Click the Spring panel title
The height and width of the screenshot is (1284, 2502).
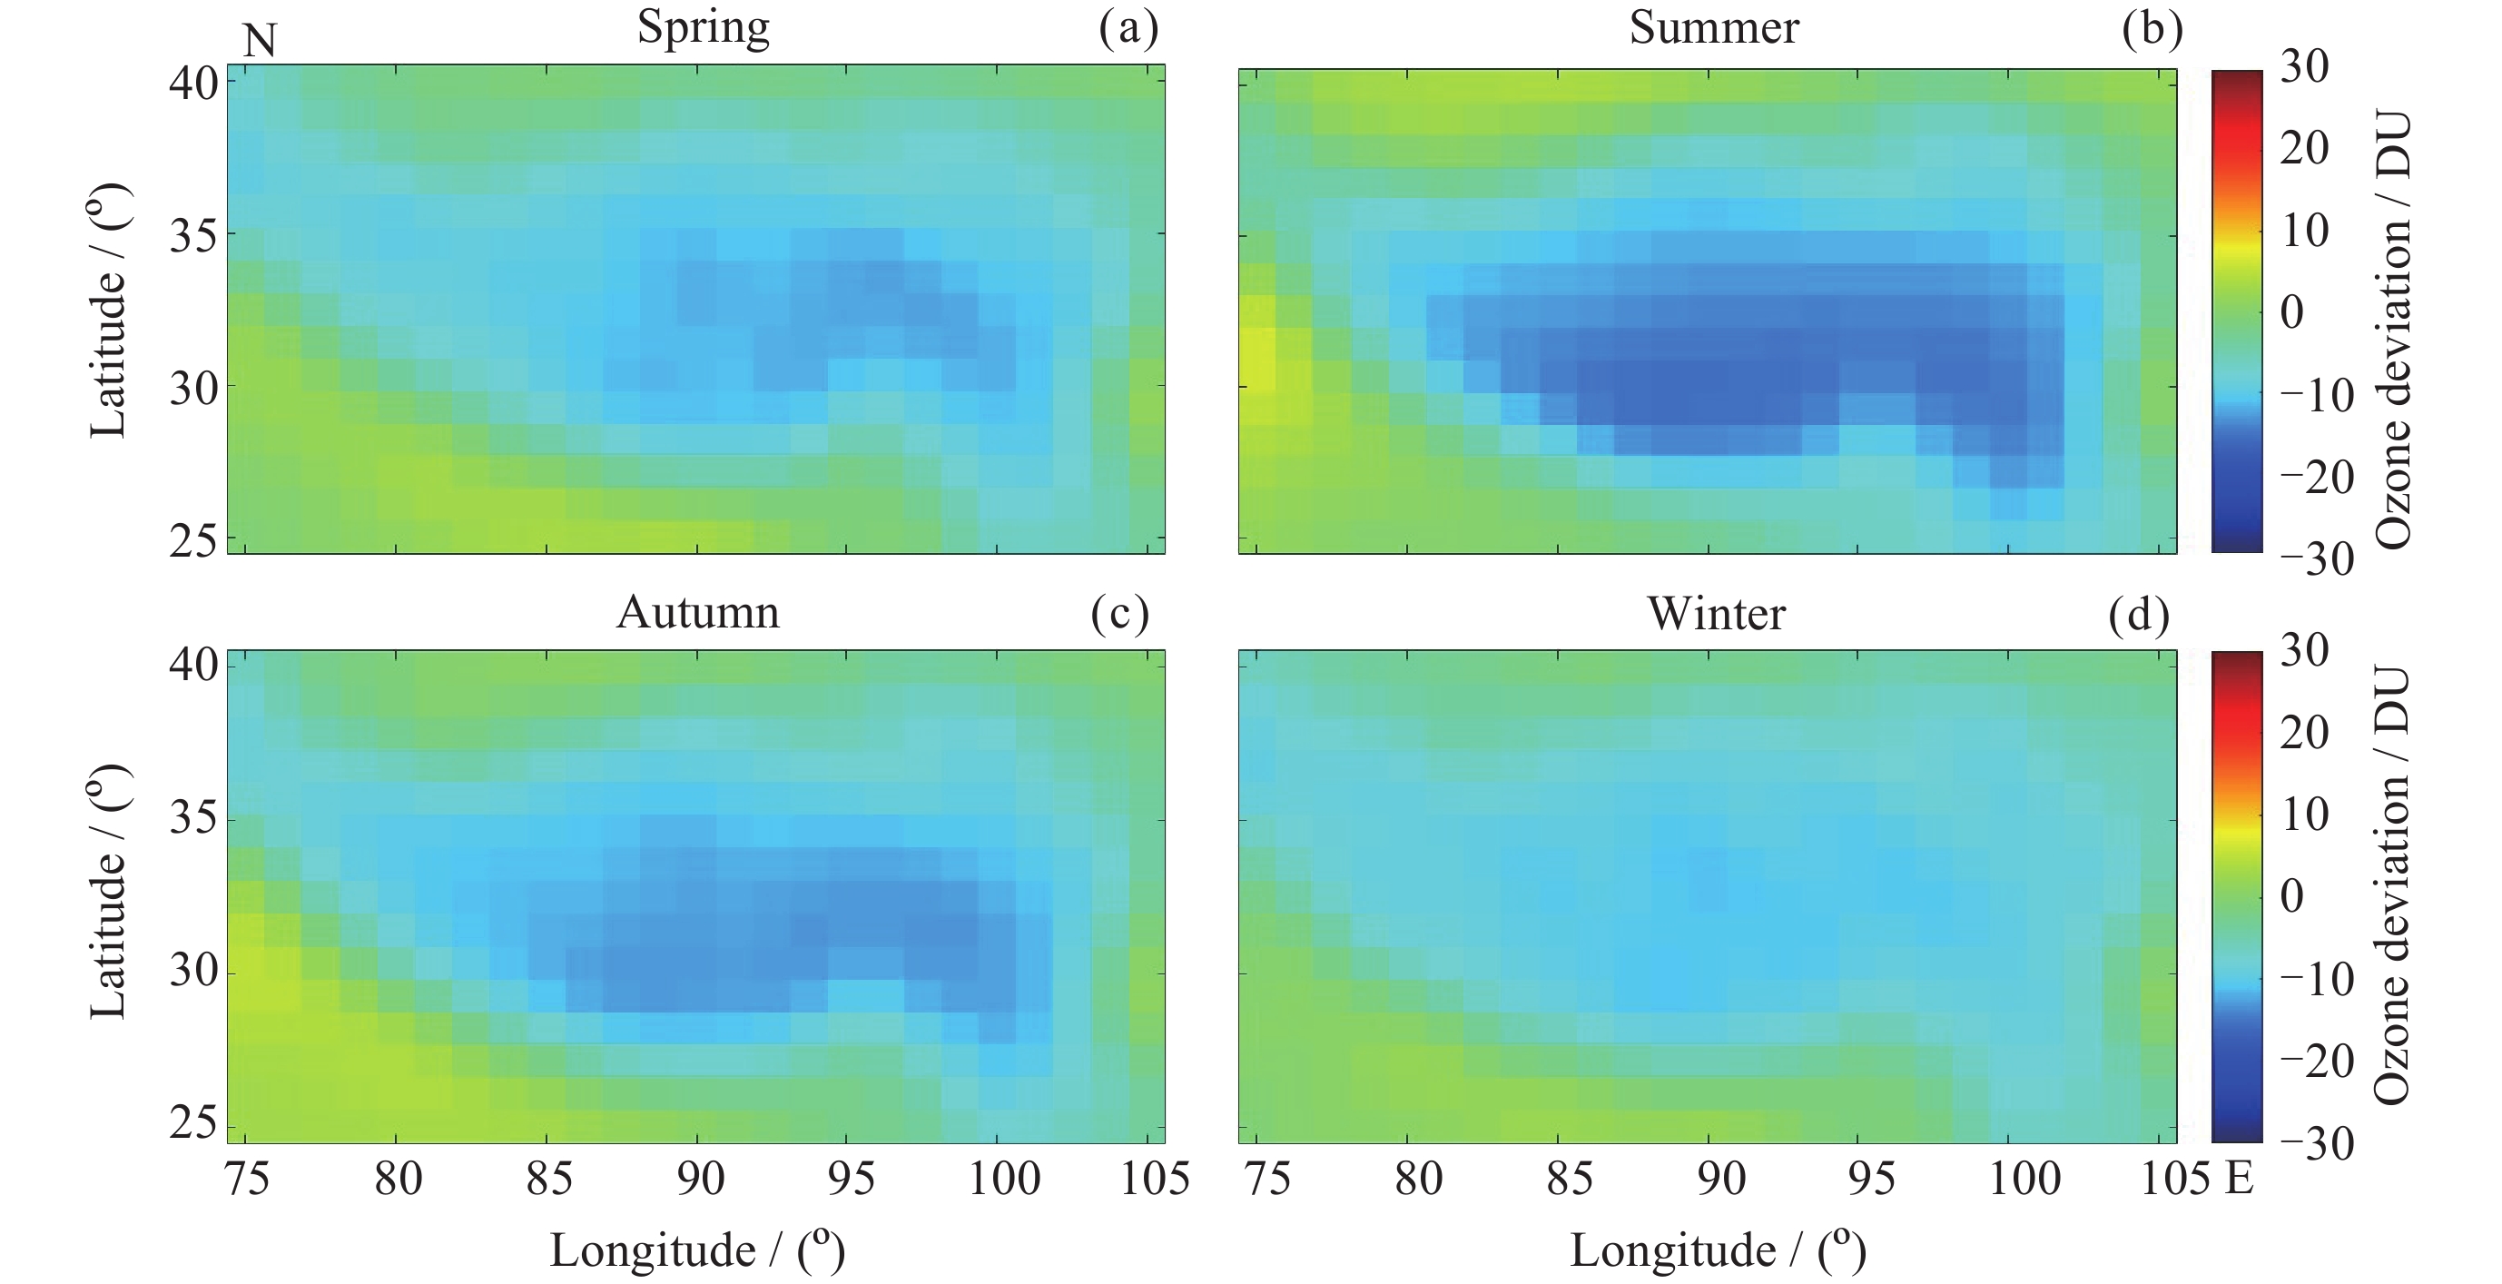(x=704, y=27)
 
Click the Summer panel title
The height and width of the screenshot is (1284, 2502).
(x=1713, y=27)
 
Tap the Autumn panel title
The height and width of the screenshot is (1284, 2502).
(x=697, y=613)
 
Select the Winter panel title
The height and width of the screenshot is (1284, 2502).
(x=1716, y=614)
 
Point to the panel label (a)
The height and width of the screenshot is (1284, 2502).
(x=1128, y=28)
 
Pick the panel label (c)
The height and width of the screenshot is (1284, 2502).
(x=1120, y=614)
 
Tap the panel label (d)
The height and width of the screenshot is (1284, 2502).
(x=2139, y=615)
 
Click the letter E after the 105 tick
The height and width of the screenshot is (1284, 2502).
(x=2238, y=1179)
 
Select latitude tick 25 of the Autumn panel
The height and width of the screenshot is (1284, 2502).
(x=193, y=1125)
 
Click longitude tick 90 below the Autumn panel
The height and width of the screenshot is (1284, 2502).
(x=699, y=1179)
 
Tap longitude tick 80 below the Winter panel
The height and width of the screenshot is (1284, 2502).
(x=1418, y=1179)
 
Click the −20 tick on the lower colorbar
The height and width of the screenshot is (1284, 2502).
(x=2316, y=1062)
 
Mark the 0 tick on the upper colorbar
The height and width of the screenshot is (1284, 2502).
(x=2292, y=312)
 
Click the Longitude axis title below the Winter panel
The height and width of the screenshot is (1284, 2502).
(x=1718, y=1250)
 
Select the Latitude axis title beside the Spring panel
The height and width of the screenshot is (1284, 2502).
(x=108, y=311)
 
